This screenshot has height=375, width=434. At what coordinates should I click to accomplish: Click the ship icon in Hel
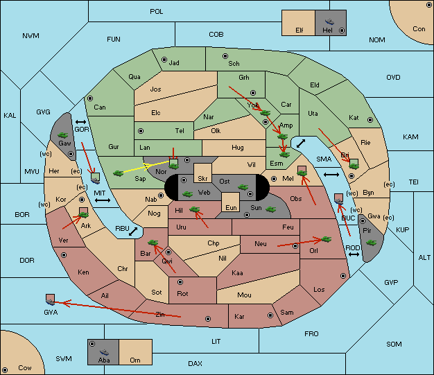[329, 21]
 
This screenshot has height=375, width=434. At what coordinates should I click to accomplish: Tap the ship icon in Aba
[105, 351]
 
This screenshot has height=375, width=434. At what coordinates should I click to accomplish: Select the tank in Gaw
[63, 135]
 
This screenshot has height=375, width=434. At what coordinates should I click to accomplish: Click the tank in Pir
[371, 243]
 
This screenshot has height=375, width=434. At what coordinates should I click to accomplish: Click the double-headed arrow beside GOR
[81, 122]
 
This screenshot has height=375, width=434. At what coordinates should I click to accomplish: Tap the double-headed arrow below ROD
[354, 254]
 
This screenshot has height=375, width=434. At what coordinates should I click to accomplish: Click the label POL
[157, 12]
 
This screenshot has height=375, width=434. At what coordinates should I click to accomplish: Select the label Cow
[25, 368]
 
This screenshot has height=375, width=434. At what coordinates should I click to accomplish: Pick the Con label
[419, 29]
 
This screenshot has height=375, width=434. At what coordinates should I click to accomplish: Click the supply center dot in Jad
[164, 60]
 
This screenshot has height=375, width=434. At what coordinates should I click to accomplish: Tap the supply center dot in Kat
[370, 120]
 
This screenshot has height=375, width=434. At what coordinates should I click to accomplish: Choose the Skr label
[202, 179]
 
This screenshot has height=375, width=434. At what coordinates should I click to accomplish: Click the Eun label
[231, 207]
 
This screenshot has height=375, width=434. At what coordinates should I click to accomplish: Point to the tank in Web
[188, 194]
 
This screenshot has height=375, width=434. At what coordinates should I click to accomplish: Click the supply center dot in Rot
[180, 282]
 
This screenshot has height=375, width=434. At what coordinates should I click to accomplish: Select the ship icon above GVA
[50, 300]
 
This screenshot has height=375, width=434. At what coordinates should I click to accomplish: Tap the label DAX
[195, 364]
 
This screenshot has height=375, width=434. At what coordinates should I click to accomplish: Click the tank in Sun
[270, 209]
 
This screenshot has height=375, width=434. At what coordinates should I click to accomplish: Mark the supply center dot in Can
[90, 98]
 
